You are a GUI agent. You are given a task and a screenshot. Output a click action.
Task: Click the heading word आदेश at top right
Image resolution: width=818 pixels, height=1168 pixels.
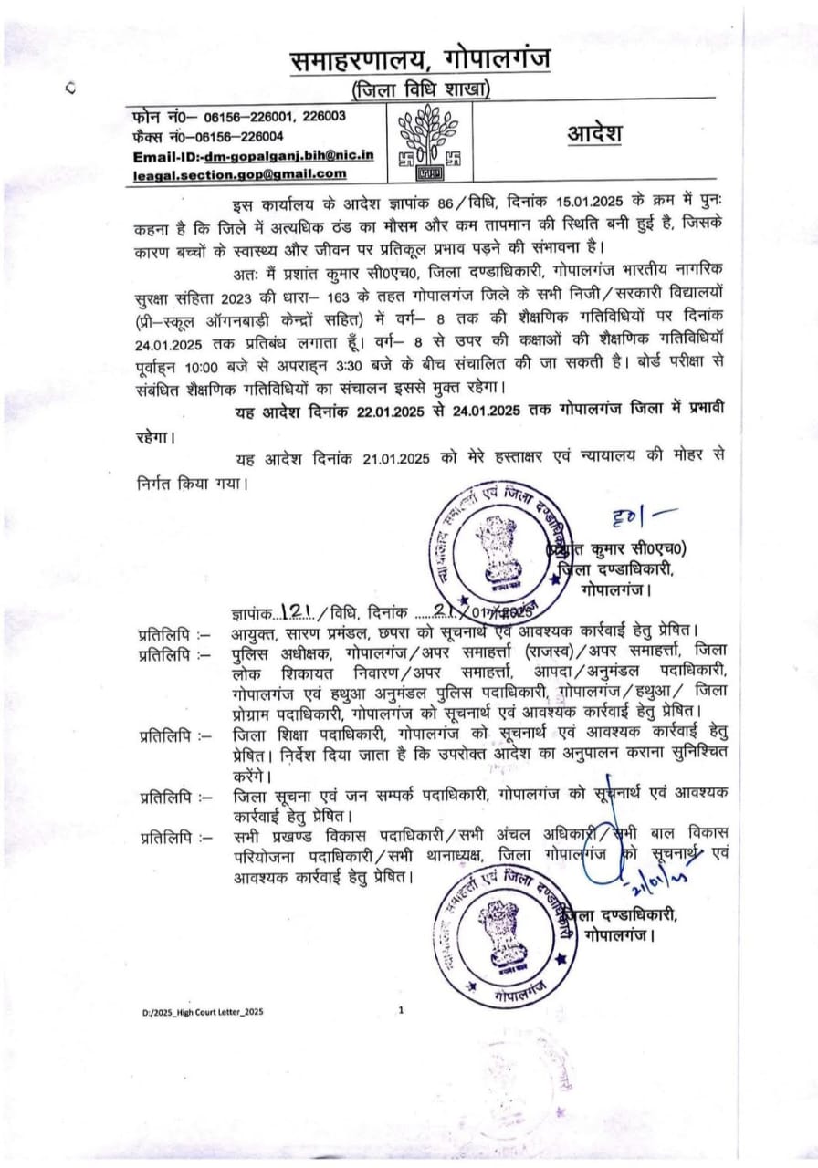[594, 134]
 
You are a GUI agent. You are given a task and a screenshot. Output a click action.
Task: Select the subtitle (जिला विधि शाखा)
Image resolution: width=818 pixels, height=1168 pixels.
[421, 89]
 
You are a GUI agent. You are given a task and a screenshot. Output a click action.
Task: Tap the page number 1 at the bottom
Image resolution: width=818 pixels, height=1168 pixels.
[401, 1010]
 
